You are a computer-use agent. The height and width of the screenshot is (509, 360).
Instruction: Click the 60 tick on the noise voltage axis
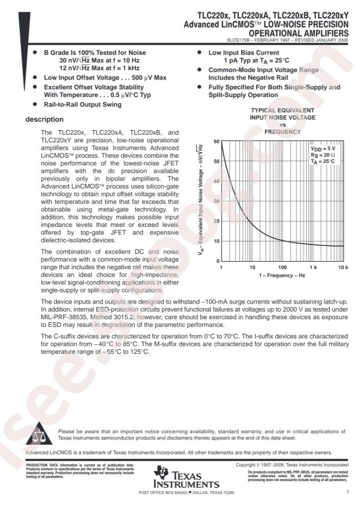click(216, 142)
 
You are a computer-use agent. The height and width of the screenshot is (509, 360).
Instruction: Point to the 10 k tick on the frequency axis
click(343, 268)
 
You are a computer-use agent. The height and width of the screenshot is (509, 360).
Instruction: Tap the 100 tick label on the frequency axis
click(282, 268)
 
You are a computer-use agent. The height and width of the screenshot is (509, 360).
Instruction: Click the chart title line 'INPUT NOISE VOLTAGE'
click(282, 117)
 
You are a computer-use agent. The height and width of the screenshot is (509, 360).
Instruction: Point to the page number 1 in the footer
click(347, 492)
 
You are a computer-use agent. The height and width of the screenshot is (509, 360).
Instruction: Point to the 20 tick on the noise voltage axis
click(216, 221)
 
